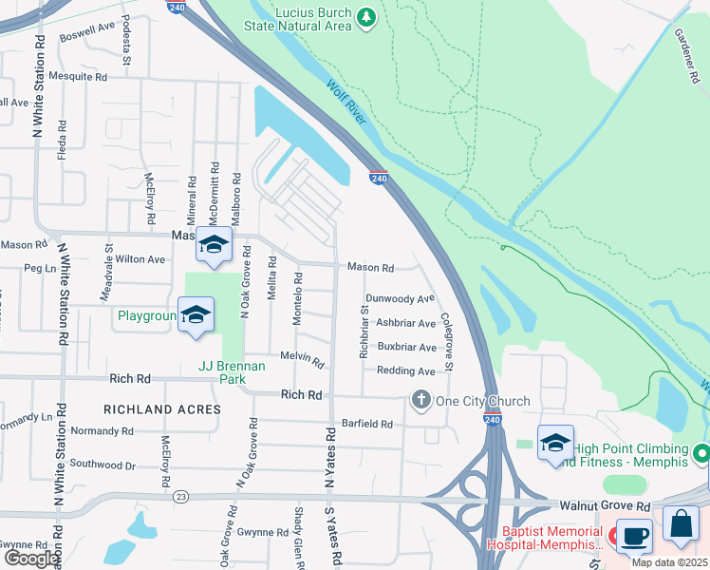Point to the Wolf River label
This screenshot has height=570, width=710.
pos(346,104)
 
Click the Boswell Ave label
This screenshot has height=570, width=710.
pos(86,34)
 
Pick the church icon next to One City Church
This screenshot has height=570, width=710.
pos(420,400)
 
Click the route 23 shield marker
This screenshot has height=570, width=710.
pos(181,496)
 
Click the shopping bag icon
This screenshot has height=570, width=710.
pos(682,523)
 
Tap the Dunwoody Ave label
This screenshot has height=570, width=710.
pos(400,298)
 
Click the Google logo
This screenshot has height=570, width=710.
pos(30,559)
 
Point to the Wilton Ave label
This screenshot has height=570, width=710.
pos(140,258)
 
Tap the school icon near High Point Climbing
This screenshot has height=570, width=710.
pos(555,443)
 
